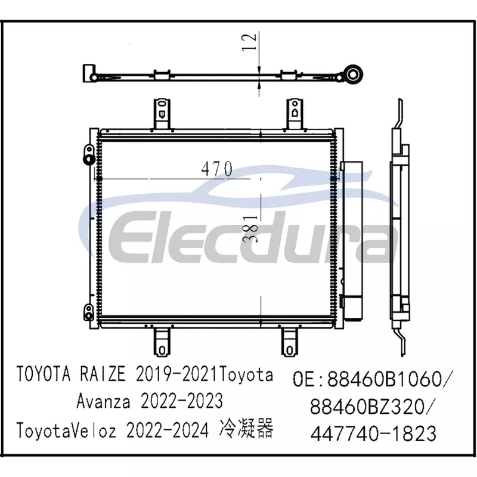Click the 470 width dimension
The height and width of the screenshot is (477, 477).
(x=217, y=169)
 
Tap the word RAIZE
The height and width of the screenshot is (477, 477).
(x=102, y=374)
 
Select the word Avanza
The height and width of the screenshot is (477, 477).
(x=103, y=401)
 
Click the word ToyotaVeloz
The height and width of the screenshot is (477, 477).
(x=66, y=430)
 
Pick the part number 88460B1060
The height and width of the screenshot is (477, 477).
(x=385, y=379)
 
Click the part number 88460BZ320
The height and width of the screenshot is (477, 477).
(x=367, y=406)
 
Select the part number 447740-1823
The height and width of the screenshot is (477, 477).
(x=373, y=433)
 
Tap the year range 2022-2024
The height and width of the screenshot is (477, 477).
(x=168, y=430)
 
